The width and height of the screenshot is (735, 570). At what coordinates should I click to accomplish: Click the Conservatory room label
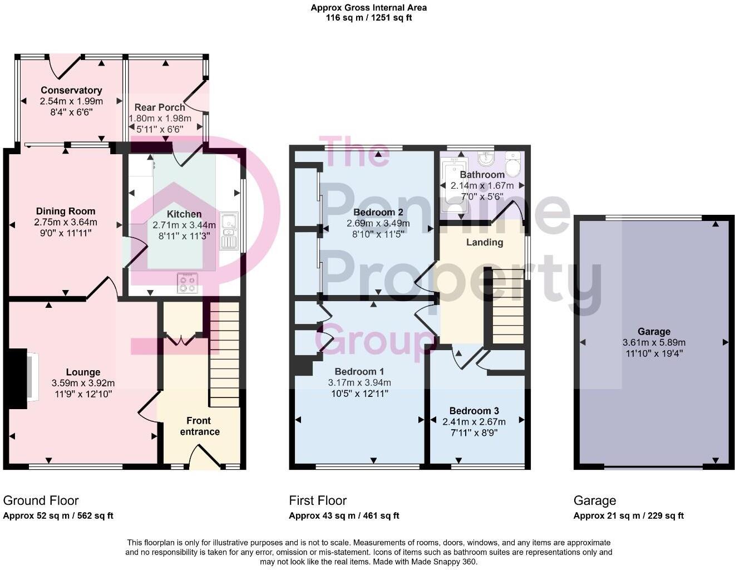tap(71, 90)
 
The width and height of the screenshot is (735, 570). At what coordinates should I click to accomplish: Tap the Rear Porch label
tap(160, 107)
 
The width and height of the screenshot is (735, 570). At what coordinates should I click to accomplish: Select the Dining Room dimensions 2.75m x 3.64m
tap(65, 222)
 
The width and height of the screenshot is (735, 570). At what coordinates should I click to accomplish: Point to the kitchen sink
tap(228, 231)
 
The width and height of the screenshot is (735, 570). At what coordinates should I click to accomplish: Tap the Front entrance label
tap(200, 426)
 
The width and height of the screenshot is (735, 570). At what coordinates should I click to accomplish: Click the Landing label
tap(484, 242)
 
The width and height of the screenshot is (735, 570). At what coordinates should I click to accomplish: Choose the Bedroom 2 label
tap(378, 212)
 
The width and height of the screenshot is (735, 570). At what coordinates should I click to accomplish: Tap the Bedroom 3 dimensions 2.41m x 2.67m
tap(474, 421)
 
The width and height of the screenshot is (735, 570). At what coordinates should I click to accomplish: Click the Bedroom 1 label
tap(359, 371)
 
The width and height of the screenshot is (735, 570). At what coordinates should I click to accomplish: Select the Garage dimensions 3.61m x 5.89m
tap(654, 342)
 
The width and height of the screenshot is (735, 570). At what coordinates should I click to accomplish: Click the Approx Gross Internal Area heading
tap(369, 8)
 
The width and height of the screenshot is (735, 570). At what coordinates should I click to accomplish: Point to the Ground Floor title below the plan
tap(41, 500)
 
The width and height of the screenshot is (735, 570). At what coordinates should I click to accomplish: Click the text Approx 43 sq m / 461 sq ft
tap(343, 515)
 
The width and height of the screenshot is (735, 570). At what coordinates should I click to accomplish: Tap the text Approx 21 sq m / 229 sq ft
tap(628, 515)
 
